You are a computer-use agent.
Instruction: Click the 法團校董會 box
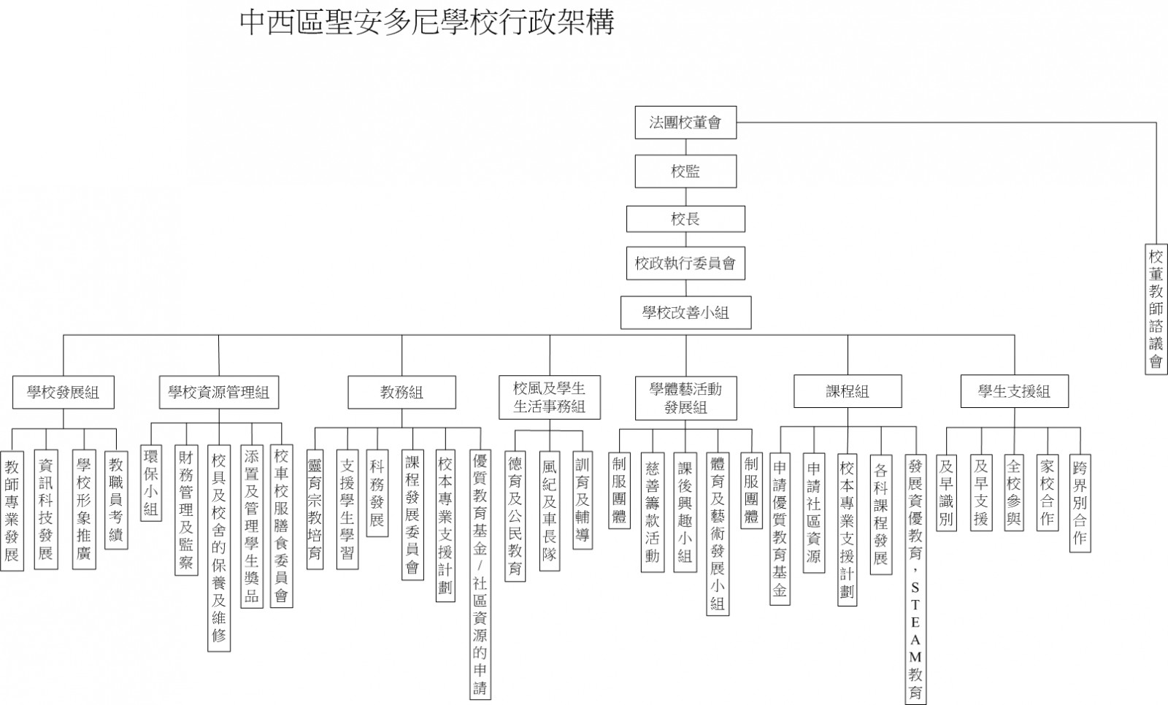pyautogui.click(x=685, y=123)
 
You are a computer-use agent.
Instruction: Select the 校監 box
pyautogui.click(x=685, y=171)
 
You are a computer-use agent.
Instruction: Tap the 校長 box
pyautogui.click(x=685, y=219)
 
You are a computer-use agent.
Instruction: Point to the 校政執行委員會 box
pyautogui.click(x=685, y=263)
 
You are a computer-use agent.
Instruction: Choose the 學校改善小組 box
pyautogui.click(x=685, y=313)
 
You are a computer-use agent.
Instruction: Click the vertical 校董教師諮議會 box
pyautogui.click(x=1156, y=309)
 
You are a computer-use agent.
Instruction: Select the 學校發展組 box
pyautogui.click(x=64, y=392)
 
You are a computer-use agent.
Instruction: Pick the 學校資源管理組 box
pyautogui.click(x=219, y=392)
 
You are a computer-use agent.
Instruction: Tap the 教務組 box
pyautogui.click(x=402, y=392)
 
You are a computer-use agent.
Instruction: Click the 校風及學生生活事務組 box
pyautogui.click(x=550, y=397)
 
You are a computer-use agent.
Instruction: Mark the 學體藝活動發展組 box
pyautogui.click(x=685, y=398)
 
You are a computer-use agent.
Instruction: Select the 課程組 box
pyautogui.click(x=848, y=391)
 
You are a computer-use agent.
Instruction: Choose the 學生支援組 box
pyautogui.click(x=1015, y=391)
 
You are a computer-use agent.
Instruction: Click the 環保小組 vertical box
pyautogui.click(x=151, y=483)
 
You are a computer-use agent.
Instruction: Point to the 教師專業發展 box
pyautogui.click(x=12, y=511)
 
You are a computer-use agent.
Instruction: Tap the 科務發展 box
pyautogui.click(x=377, y=493)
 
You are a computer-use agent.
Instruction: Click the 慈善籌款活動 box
pyautogui.click(x=653, y=512)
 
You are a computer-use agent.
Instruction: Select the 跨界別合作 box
pyautogui.click(x=1080, y=503)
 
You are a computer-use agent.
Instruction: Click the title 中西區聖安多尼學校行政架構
pyautogui.click(x=427, y=23)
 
